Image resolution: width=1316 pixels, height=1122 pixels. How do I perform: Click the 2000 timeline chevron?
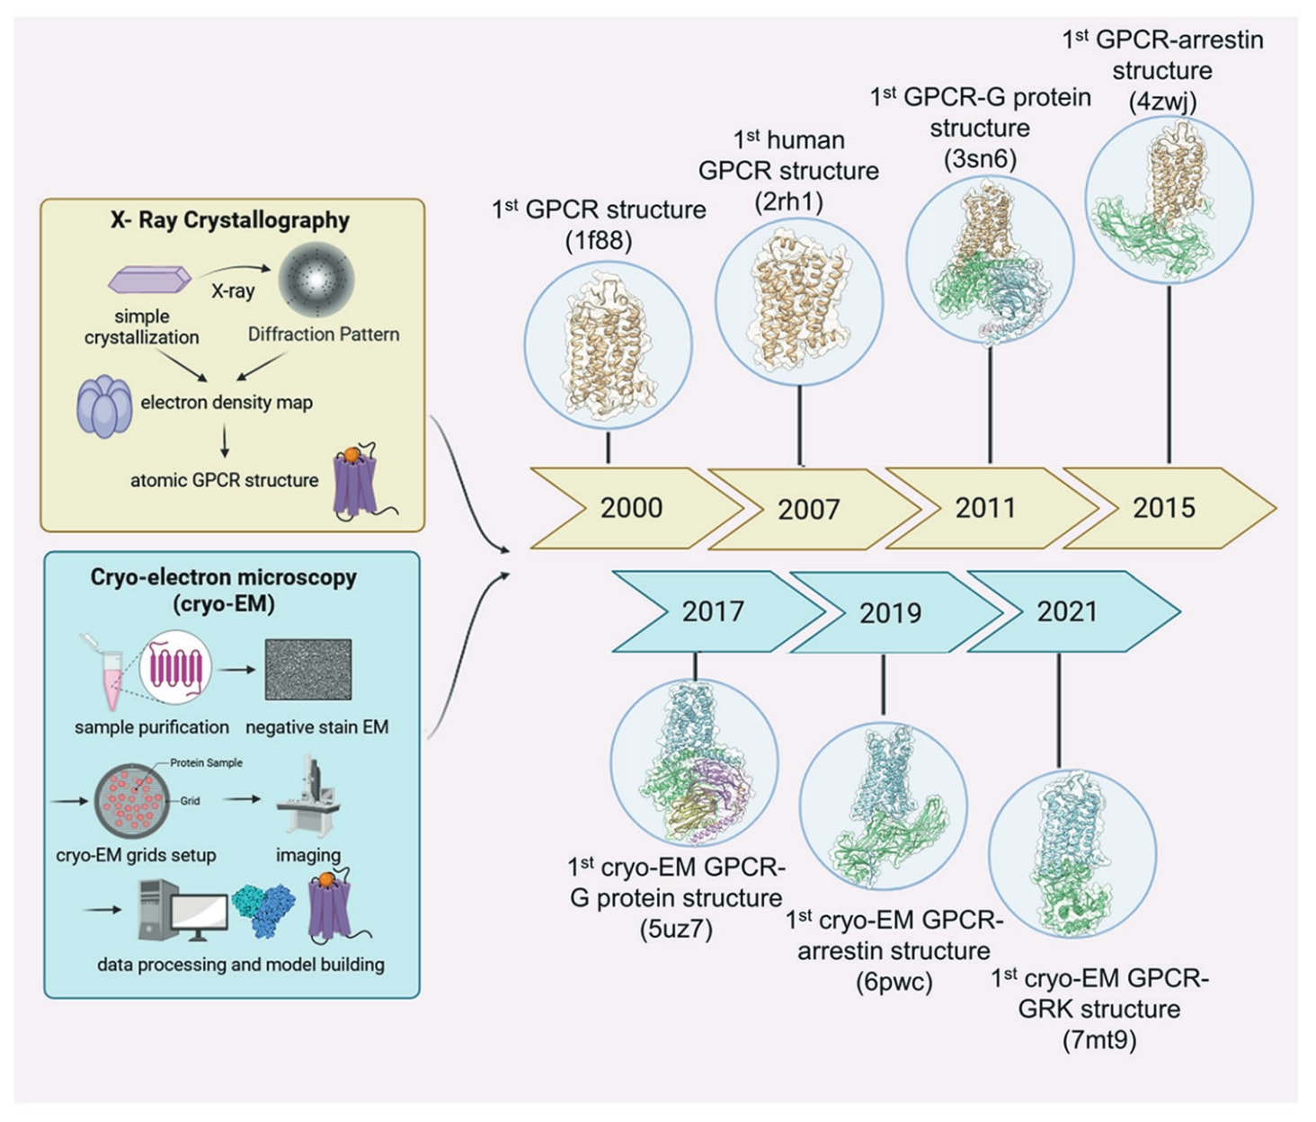(631, 508)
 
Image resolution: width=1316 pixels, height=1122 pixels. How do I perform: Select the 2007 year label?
(808, 510)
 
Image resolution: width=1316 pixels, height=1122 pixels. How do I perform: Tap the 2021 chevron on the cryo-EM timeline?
(1068, 611)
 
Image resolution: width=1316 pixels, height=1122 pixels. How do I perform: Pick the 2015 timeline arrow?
(1165, 508)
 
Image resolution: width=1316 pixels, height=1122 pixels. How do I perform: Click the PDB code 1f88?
(599, 241)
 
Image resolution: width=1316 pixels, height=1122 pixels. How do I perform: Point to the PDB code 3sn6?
(980, 159)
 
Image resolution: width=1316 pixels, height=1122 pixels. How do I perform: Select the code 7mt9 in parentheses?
(1099, 1040)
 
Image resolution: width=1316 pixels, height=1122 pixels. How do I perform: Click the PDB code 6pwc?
(894, 981)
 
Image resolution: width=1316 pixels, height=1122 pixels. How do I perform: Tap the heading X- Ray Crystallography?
(230, 220)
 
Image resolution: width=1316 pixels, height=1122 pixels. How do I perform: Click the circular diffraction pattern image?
(316, 280)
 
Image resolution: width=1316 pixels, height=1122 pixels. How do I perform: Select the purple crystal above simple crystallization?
(149, 280)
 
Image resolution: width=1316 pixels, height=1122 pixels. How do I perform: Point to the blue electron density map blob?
(104, 406)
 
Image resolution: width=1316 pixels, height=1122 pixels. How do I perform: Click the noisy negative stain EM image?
(308, 670)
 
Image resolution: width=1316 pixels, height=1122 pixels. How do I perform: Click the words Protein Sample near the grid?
(206, 762)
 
